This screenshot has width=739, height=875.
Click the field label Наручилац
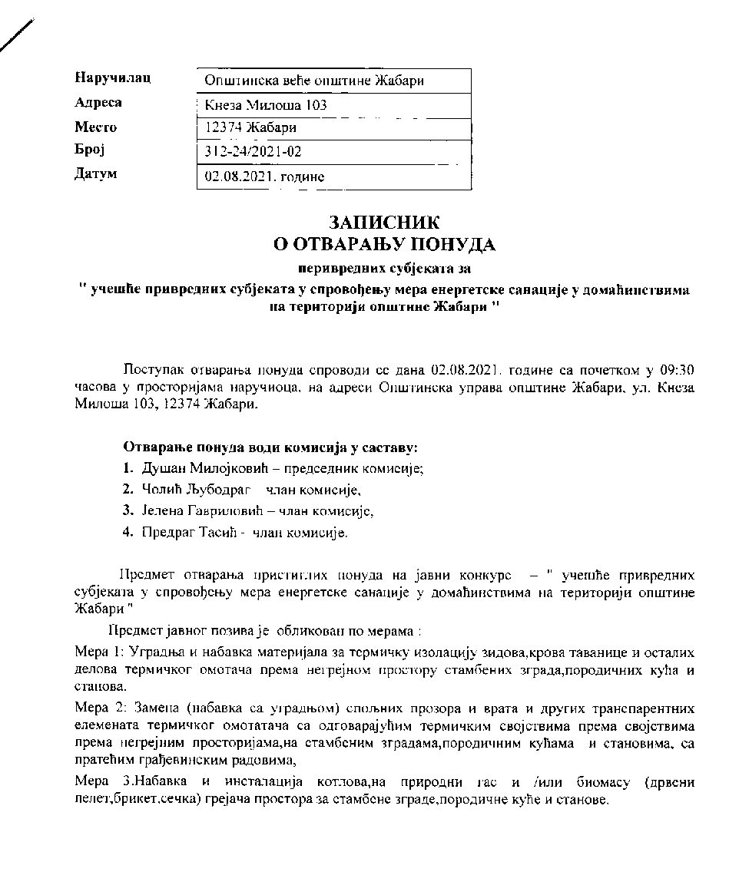tap(112, 78)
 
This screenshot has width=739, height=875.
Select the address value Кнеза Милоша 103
tap(266, 105)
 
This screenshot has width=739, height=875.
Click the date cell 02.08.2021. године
tap(264, 177)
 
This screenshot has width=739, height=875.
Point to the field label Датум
tap(95, 173)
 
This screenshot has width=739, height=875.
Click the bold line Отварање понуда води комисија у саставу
tap(270, 447)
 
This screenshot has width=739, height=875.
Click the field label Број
tap(88, 150)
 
